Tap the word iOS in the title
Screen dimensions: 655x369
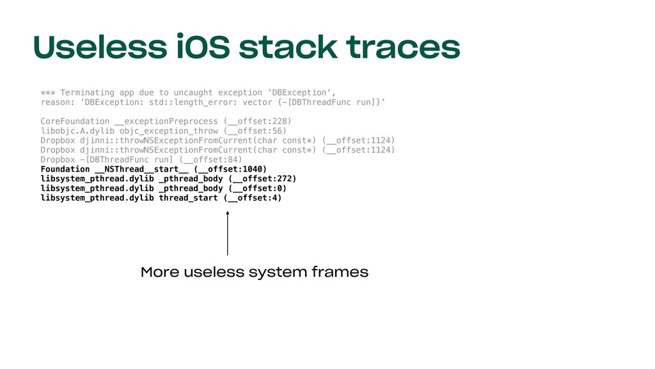[207, 47]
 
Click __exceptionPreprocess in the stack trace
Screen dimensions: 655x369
[166, 121]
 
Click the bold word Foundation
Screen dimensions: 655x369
[65, 169]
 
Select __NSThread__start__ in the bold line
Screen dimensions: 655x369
[141, 169]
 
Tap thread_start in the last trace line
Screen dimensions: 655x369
[189, 198]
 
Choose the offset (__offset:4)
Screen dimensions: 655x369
[253, 198]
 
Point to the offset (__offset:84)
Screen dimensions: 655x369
[210, 160]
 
